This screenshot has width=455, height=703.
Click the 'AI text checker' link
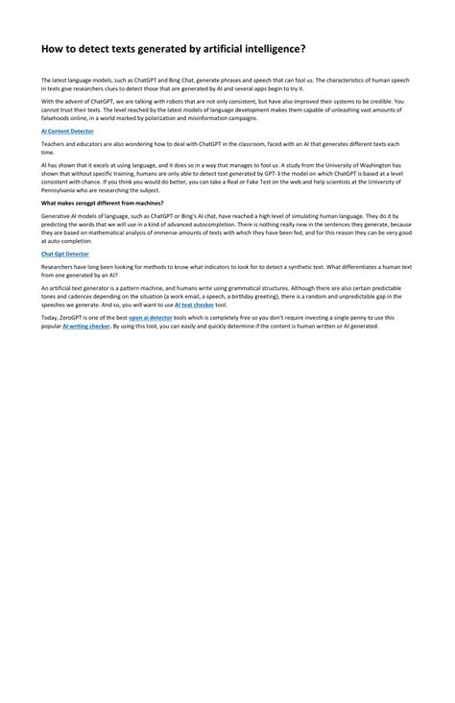point(194,304)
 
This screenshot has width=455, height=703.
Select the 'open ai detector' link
point(151,316)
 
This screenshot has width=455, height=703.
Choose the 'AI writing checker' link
point(86,326)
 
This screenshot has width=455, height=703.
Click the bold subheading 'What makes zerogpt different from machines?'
point(102,203)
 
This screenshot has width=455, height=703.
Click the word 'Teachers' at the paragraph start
point(55,143)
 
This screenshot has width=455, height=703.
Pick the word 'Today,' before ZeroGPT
point(49,316)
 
